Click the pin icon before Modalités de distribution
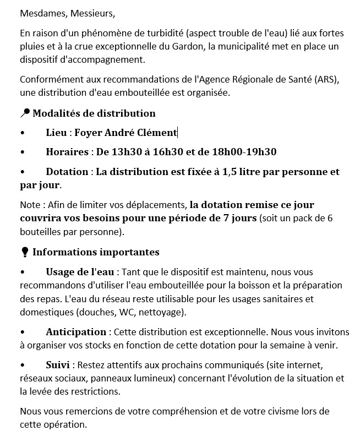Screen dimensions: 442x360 click(25, 113)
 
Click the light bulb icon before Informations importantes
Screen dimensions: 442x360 click(24, 252)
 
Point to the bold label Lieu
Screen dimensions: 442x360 click(57, 133)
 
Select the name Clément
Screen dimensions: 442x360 click(156, 133)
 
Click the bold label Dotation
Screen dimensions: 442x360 click(67, 172)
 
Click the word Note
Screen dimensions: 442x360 click(30, 205)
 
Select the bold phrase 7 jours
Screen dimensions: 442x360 click(238, 218)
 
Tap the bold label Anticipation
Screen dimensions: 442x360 click(76, 332)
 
